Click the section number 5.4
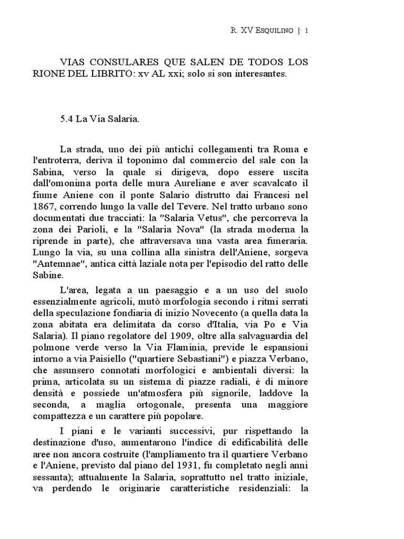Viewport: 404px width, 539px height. [67, 119]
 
